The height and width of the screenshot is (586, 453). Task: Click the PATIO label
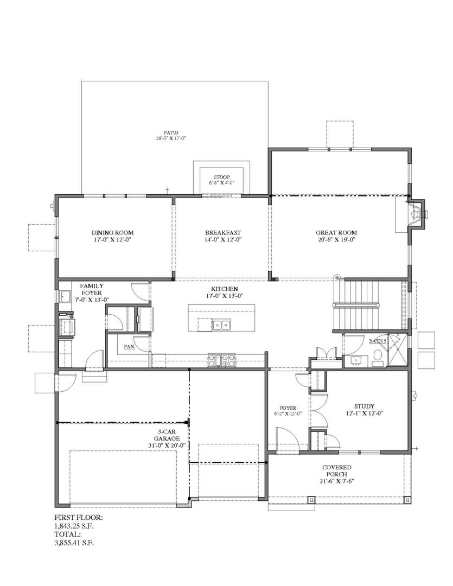171,132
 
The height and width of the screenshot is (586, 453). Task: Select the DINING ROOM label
112,233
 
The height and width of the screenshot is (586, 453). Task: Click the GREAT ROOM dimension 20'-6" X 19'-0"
336,239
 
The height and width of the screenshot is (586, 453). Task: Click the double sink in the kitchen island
221,325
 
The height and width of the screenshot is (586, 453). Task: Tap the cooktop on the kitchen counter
221,359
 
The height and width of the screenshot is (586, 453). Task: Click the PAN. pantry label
129,347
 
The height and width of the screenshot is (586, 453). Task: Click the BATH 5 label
377,341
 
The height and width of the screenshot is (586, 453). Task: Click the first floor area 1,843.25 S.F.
75,526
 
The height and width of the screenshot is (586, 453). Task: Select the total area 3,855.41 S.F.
74,542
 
